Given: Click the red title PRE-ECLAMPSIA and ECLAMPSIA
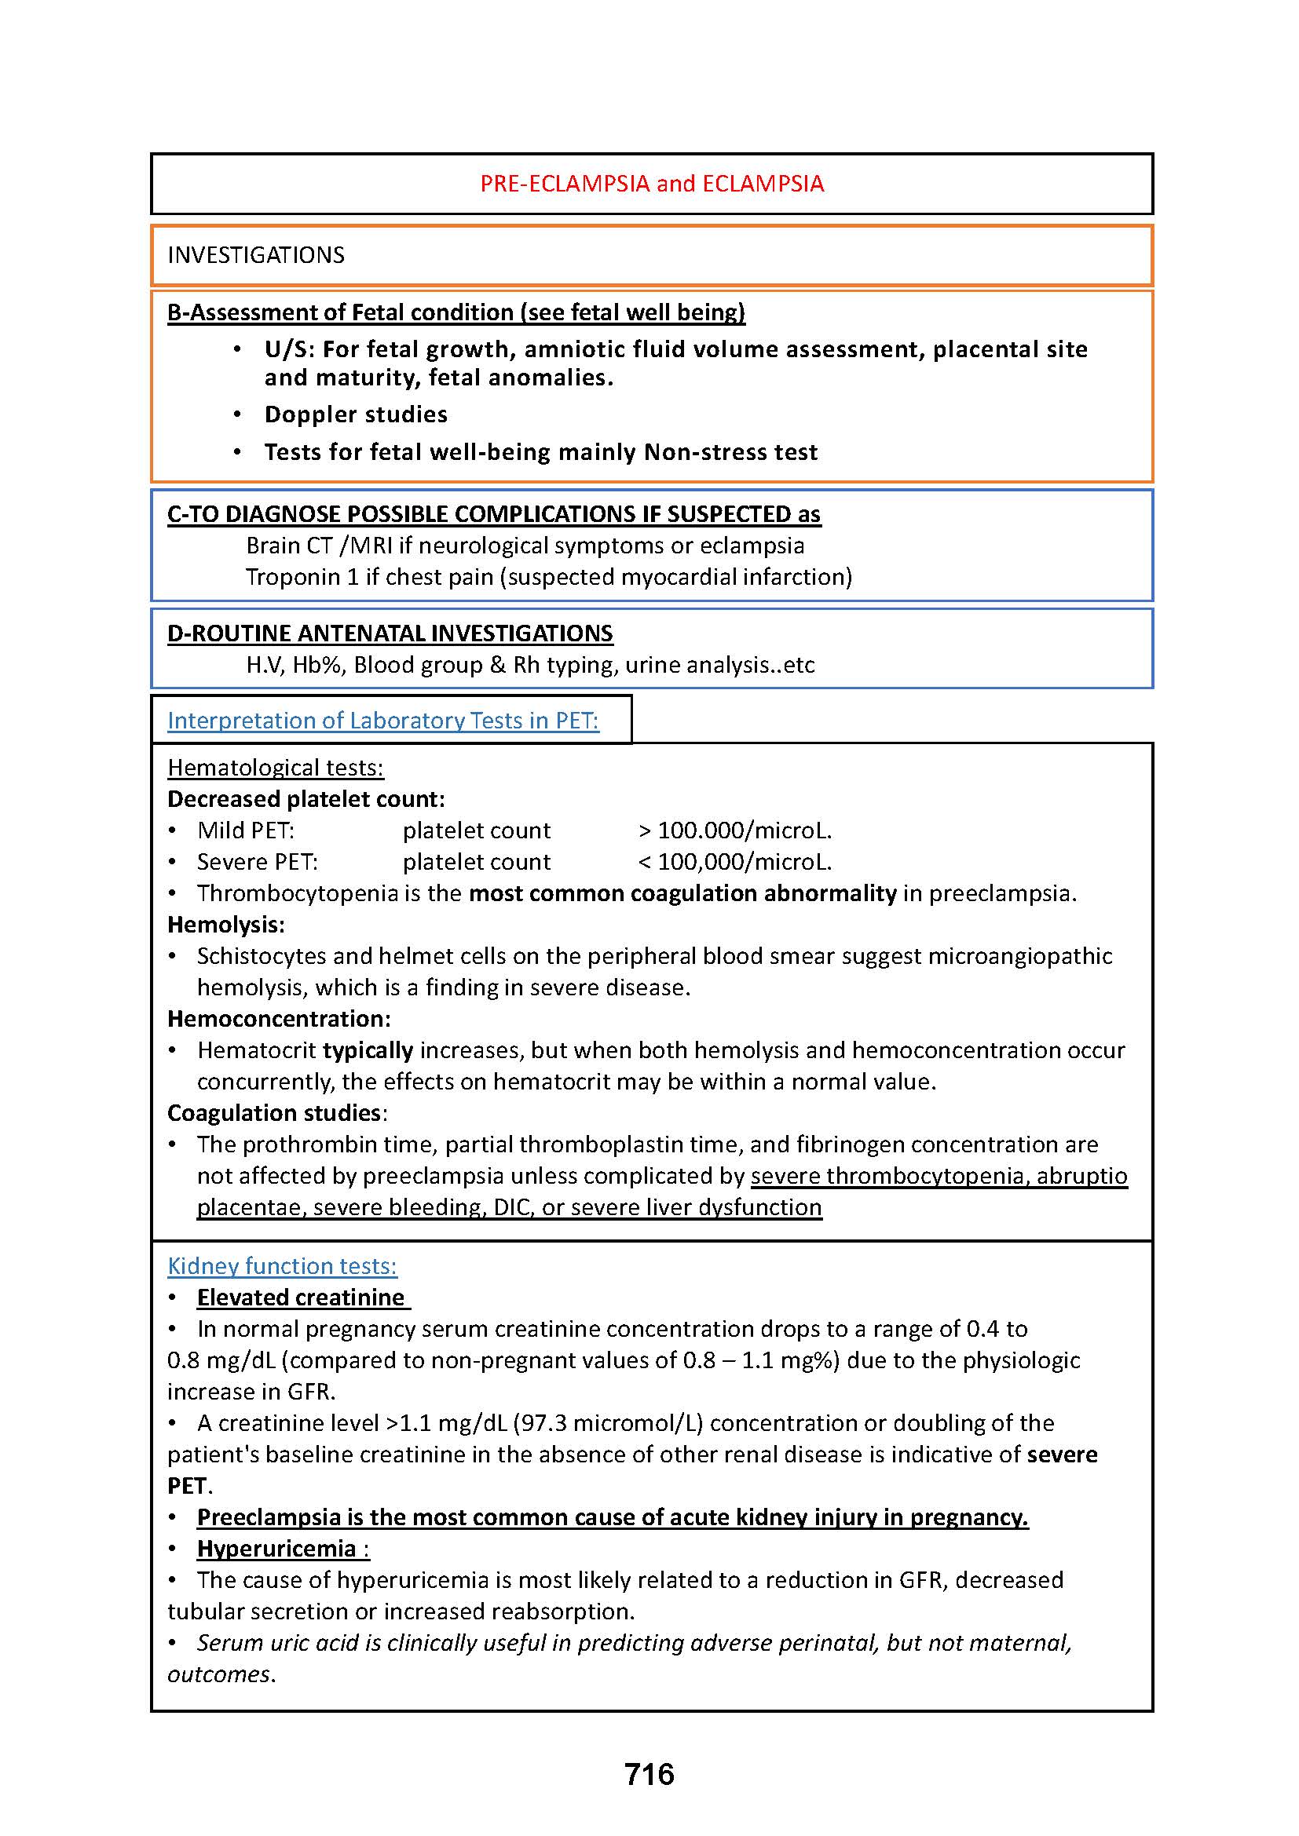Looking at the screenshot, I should pyautogui.click(x=651, y=184).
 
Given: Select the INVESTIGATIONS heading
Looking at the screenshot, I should pyautogui.click(x=256, y=255).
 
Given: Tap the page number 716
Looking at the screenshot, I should pyautogui.click(x=649, y=1775).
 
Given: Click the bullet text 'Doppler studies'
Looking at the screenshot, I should pyautogui.click(x=356, y=414).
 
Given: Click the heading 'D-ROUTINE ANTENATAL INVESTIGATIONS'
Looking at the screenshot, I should pyautogui.click(x=390, y=633).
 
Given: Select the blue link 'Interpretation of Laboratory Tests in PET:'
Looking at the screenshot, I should pyautogui.click(x=383, y=721).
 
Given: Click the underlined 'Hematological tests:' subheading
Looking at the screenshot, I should pyautogui.click(x=275, y=768).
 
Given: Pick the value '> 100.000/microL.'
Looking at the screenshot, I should pyautogui.click(x=735, y=830).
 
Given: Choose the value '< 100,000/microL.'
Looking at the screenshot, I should pyautogui.click(x=735, y=862).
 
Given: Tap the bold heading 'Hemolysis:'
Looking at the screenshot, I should pyautogui.click(x=225, y=925).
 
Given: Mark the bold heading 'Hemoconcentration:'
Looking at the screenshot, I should pyautogui.click(x=278, y=1019).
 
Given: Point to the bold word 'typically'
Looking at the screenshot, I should pyautogui.click(x=368, y=1050).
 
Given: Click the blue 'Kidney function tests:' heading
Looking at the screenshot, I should pyautogui.click(x=282, y=1266).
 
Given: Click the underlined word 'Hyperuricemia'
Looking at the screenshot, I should pyautogui.click(x=276, y=1548).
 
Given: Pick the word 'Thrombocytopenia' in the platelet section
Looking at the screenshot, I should pyautogui.click(x=298, y=893).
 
